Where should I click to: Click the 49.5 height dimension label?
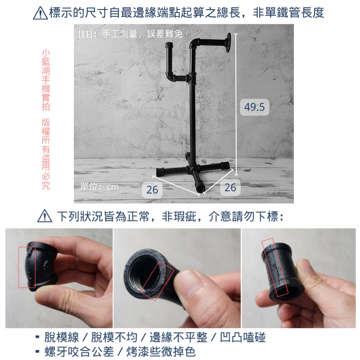tap(254, 107)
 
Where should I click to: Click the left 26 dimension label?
tap(153, 189)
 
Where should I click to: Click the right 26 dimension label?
tap(230, 187)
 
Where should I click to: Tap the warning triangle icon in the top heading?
tap(40, 13)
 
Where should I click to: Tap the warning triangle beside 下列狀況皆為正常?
tap(45, 216)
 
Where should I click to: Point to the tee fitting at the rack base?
tap(194, 171)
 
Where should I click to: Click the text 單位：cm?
tap(99, 187)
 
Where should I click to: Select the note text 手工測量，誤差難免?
tap(142, 34)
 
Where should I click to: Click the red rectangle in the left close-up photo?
tap(27, 266)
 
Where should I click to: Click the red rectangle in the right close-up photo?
tap(275, 267)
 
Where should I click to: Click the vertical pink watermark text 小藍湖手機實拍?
tap(45, 80)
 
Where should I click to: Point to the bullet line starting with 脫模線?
tap(153, 337)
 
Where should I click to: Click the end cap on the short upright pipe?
tap(170, 45)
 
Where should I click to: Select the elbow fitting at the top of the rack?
tap(195, 45)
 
